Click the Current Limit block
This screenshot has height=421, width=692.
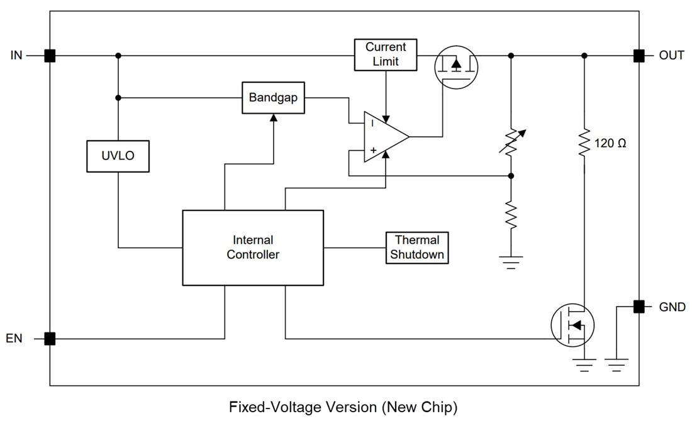386,55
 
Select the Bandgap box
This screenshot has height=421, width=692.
273,98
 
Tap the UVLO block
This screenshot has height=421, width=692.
118,156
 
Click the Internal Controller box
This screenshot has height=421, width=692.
253,248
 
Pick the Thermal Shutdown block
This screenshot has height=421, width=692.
417,248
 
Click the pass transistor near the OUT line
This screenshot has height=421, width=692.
456,65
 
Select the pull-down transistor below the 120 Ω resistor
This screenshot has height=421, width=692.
572,324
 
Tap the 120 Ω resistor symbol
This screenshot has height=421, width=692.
584,143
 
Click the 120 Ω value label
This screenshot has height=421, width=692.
610,143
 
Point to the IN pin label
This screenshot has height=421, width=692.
16,55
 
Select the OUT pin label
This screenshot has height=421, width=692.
671,55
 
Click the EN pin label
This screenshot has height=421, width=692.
14,339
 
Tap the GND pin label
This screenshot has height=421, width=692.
672,307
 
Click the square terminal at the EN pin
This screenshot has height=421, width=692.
50,339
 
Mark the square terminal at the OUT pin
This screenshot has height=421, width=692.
639,55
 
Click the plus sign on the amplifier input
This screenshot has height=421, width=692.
372,151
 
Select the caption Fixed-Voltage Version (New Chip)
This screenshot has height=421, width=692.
343,407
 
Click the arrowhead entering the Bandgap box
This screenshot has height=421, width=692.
273,118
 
